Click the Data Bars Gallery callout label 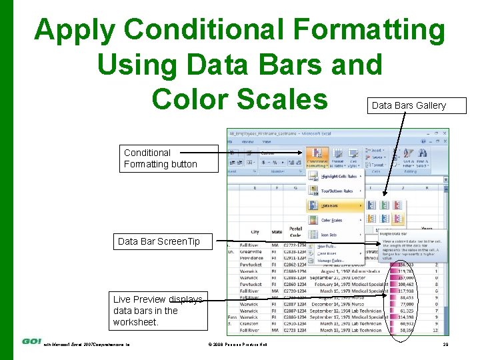(409, 105)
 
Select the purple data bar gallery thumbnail (399, 219)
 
